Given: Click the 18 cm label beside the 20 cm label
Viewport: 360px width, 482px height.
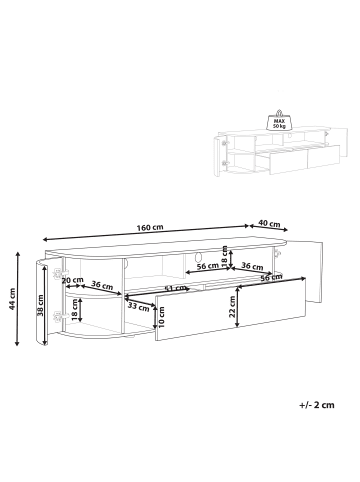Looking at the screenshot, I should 77,305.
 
